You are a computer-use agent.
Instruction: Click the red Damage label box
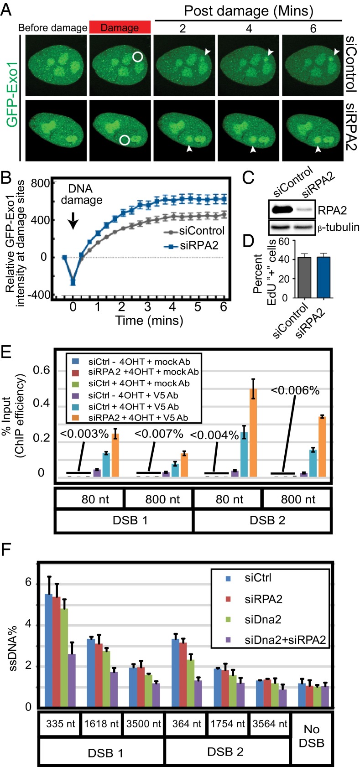(x=120, y=27)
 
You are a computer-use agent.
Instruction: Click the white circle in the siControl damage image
(x=138, y=57)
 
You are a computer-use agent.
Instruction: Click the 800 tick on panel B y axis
(x=40, y=184)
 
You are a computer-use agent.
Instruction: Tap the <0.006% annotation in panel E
(x=295, y=390)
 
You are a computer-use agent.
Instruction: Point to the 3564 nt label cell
(x=270, y=723)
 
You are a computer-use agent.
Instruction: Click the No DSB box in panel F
(x=311, y=736)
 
